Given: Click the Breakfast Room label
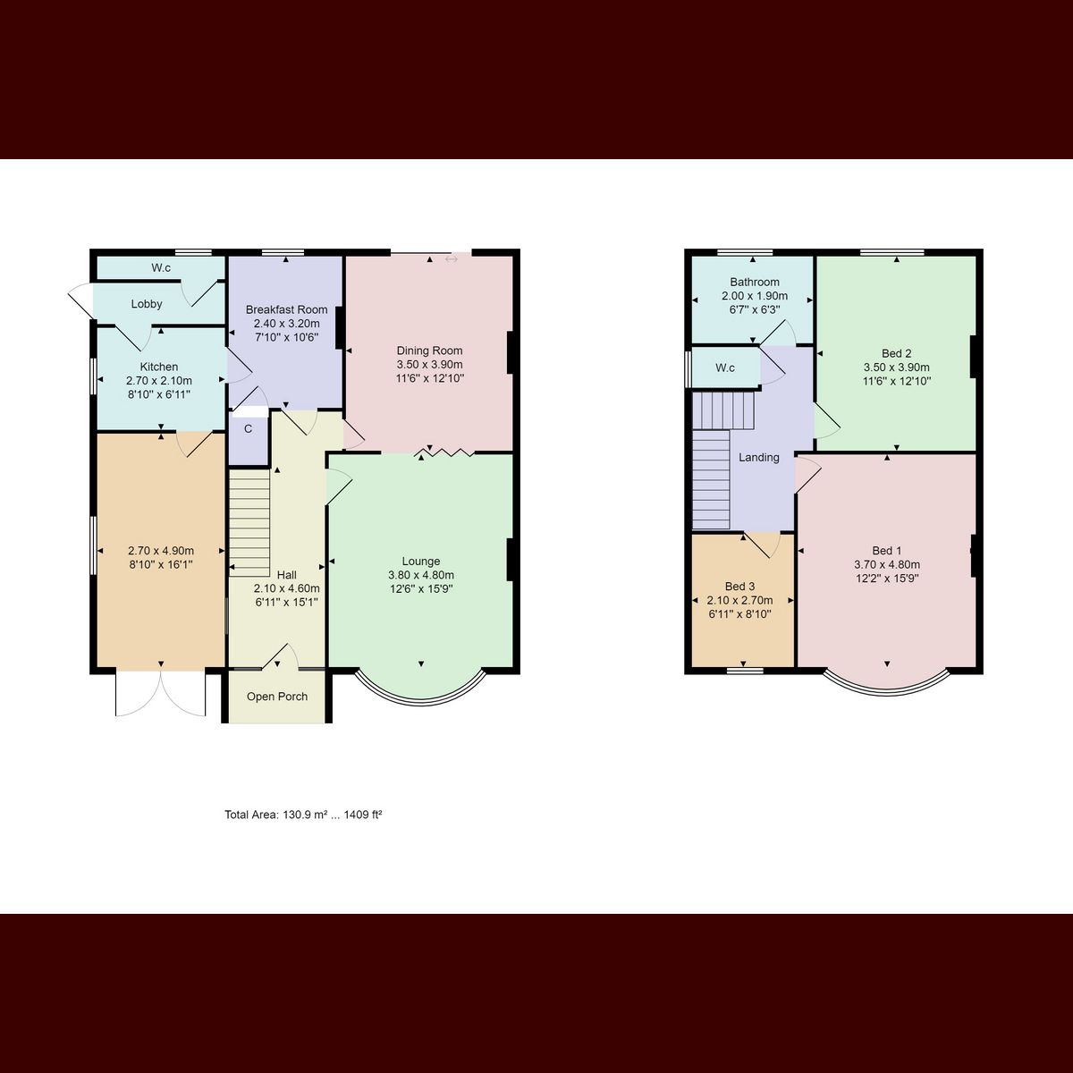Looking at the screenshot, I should tap(286, 309).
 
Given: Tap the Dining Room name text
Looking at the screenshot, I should tap(429, 351).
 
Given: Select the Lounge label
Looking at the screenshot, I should tap(420, 562).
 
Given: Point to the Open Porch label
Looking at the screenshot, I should tap(277, 697).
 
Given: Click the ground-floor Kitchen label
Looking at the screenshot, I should tap(158, 367).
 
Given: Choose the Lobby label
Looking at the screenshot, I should tap(147, 304).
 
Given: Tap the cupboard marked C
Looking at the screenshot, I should tap(248, 429).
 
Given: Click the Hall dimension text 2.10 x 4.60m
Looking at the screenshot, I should tap(286, 588).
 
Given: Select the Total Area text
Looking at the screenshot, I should tap(303, 815).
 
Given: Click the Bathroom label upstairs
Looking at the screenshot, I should tap(754, 282).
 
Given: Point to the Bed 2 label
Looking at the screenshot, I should tap(896, 353).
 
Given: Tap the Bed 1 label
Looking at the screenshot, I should tap(887, 551).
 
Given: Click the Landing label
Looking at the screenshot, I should tap(758, 457).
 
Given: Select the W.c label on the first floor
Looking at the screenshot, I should tap(724, 368).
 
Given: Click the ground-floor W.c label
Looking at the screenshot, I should tap(161, 267).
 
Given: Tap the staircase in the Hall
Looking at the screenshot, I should tap(250, 524).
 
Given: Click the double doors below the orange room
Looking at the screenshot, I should tap(161, 693).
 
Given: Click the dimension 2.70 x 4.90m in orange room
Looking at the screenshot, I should tap(161, 551).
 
